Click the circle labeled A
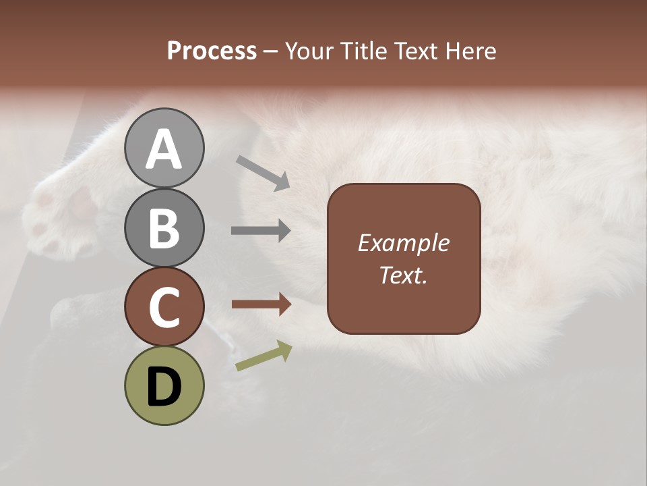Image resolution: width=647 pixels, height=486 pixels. pos(164,148)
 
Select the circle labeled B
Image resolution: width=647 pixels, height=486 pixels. pos(164,227)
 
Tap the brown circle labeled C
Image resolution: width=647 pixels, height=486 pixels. pos(164,306)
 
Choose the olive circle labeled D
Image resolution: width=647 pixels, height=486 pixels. pos(164,385)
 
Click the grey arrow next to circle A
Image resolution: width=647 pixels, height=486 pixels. pos(263,173)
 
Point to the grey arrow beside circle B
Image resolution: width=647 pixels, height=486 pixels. pos(261,231)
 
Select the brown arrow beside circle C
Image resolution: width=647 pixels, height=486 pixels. pos(261,304)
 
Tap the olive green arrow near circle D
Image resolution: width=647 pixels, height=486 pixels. pos(264,356)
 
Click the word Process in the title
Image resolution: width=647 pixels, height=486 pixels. pos(212,51)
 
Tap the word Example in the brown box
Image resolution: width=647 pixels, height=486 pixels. pos(403,243)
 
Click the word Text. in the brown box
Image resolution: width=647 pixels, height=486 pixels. pos(403,275)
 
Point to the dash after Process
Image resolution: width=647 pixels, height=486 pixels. pos(271,51)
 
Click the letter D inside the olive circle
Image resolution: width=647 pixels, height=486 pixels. pos(164,387)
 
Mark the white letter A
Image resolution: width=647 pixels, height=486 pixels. pos(164,149)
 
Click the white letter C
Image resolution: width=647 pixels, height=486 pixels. pos(164,307)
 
